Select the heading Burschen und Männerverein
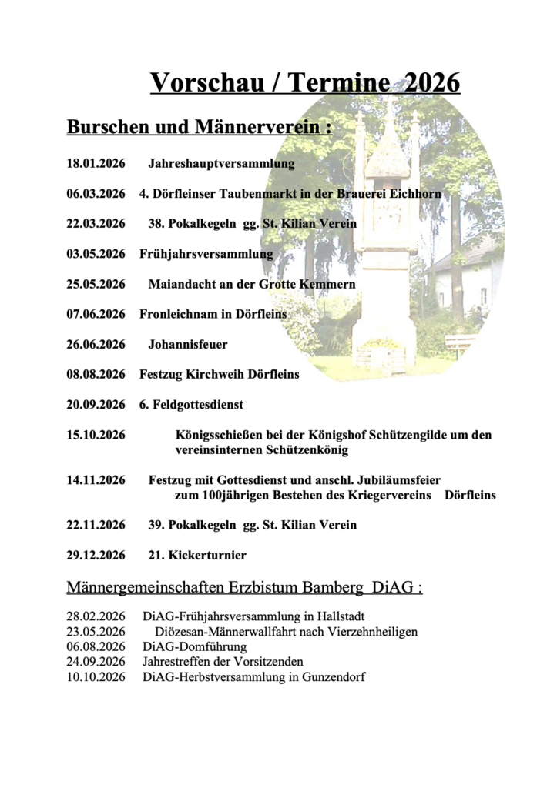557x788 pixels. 200,127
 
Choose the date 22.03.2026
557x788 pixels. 96,224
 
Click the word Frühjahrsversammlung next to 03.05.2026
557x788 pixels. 206,254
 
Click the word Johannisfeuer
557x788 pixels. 188,344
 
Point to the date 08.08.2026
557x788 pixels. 96,375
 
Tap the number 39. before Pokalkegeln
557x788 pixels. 156,526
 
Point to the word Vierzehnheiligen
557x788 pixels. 373,633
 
